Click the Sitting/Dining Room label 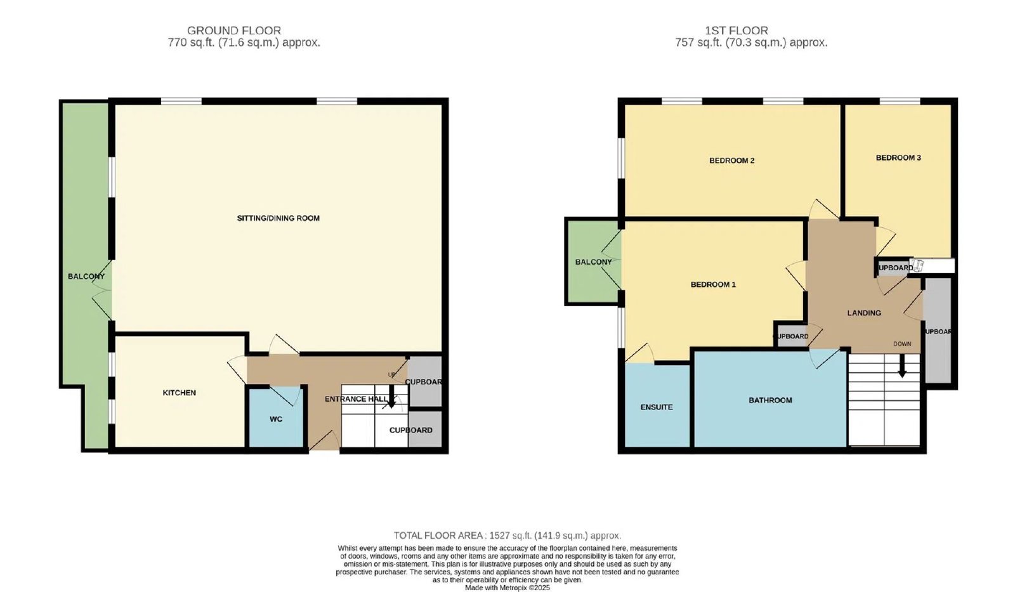tap(278, 218)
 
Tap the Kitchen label tap(179, 393)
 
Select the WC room tap(276, 417)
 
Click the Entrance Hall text tap(356, 399)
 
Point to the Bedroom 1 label tap(713, 285)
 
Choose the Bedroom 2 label tap(732, 161)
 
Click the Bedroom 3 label tap(898, 158)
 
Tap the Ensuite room tap(657, 405)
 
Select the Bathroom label tap(770, 400)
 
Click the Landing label tap(864, 313)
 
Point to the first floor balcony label tap(594, 262)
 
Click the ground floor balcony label tap(86, 277)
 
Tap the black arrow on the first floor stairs tap(902, 365)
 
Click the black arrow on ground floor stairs tap(391, 397)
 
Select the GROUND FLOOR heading tap(234, 30)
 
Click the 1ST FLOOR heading tap(737, 30)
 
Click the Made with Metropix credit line tap(507, 588)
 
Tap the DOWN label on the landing tap(901, 344)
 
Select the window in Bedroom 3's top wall tap(900, 101)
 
